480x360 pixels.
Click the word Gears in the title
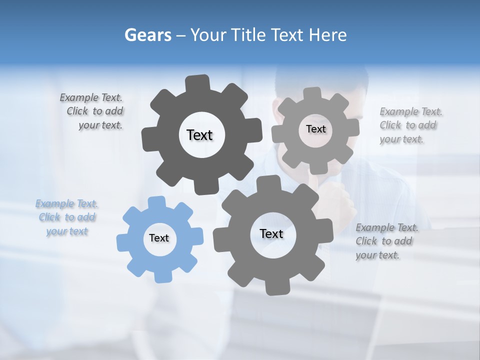click(x=147, y=35)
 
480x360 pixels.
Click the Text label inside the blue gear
click(x=159, y=238)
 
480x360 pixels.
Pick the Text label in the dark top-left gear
click(x=199, y=135)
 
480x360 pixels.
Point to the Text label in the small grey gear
click(x=315, y=129)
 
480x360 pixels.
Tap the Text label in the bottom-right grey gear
click(x=271, y=233)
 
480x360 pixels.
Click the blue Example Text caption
click(x=67, y=217)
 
